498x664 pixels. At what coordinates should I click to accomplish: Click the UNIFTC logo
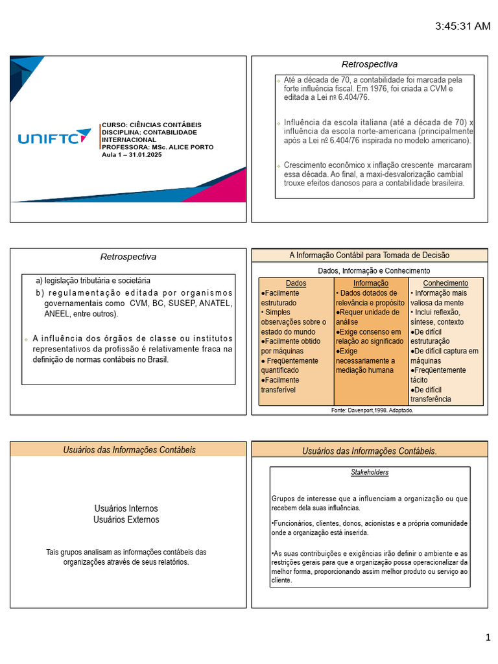point(54,137)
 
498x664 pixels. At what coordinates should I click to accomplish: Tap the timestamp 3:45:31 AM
point(462,26)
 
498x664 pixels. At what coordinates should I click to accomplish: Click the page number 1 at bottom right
point(488,638)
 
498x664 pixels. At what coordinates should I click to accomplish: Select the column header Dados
point(296,283)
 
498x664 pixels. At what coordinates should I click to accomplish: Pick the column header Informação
point(371,283)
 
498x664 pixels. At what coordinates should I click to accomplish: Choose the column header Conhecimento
point(445,283)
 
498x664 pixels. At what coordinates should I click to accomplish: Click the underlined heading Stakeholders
point(370,472)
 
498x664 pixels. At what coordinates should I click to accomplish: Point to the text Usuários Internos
point(126,508)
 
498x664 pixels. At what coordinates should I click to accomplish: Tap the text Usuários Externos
point(126,519)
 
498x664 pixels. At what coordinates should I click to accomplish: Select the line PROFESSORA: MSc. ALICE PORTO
point(158,147)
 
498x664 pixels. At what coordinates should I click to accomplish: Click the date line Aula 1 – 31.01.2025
point(132,154)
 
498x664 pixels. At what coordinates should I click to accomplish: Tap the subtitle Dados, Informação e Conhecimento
point(373,270)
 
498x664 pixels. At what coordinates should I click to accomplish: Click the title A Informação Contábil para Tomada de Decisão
point(369,255)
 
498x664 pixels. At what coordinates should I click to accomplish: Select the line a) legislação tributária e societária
point(93,281)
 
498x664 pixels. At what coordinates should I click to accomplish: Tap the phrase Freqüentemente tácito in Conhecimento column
point(438,375)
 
